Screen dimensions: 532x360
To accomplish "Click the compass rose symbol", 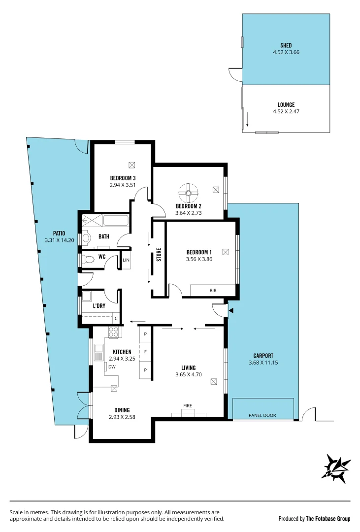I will pyautogui.click(x=336, y=467).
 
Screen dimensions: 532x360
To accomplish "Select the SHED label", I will pyautogui.click(x=286, y=45).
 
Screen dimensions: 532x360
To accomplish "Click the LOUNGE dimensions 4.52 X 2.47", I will pyautogui.click(x=286, y=112).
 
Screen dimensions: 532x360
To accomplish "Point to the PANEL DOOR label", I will pyautogui.click(x=263, y=415).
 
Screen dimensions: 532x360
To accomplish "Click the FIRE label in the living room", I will pyautogui.click(x=187, y=405).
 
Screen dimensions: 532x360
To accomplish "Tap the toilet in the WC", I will pyautogui.click(x=89, y=259).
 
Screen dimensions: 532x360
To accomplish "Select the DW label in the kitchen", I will pyautogui.click(x=112, y=366).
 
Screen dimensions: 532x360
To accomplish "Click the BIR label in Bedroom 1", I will pyautogui.click(x=213, y=291).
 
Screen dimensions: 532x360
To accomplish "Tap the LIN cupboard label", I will pyautogui.click(x=126, y=260).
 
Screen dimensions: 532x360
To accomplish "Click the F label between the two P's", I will pyautogui.click(x=145, y=352).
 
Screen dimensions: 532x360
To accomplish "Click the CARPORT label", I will pyautogui.click(x=263, y=355).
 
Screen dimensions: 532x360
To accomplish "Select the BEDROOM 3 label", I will pyautogui.click(x=123, y=178).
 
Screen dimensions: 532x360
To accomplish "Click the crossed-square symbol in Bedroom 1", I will pyautogui.click(x=225, y=252).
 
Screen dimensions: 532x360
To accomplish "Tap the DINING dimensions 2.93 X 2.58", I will pyautogui.click(x=122, y=417).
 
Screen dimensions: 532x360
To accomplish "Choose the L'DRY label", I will pyautogui.click(x=99, y=306).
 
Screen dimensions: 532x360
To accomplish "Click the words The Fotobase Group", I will pyautogui.click(x=328, y=519).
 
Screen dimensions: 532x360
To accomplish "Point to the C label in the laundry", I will pyautogui.click(x=116, y=318).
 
